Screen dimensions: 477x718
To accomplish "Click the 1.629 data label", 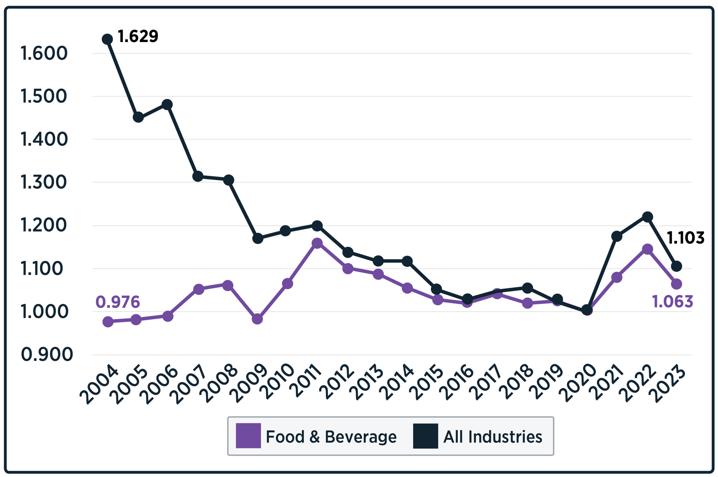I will click(138, 36).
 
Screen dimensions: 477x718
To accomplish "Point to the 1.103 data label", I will click(685, 238).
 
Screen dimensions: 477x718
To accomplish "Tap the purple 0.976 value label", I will click(118, 302).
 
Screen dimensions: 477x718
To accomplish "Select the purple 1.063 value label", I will click(672, 301).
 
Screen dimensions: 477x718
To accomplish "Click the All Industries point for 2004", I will click(107, 39).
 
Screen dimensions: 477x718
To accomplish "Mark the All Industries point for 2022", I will click(647, 217).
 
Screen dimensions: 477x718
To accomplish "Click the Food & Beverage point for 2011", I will click(317, 243).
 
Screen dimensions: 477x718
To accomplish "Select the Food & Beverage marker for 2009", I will click(257, 319).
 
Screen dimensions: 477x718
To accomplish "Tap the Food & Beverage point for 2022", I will click(647, 249).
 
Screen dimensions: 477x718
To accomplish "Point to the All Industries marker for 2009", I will click(257, 238).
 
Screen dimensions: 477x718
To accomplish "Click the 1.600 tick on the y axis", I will click(44, 54).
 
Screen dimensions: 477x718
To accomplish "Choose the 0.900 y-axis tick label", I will click(47, 355).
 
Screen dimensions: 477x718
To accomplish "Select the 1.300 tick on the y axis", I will click(44, 183).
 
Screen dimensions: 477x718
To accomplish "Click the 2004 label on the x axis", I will click(99, 385).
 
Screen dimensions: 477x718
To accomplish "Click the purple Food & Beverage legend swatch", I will click(248, 436).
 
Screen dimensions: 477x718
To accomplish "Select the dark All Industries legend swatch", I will click(425, 436).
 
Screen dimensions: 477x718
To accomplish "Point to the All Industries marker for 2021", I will click(617, 236).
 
